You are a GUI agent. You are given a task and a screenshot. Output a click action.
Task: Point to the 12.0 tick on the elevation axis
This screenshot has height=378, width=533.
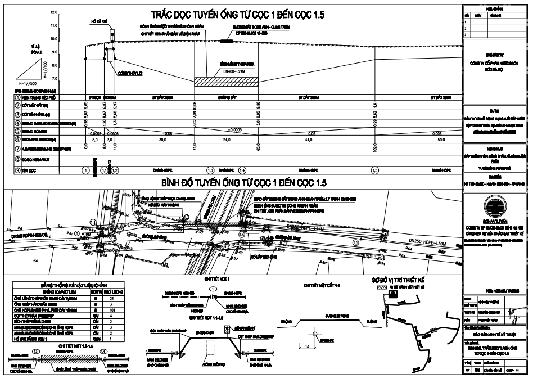coord(54,12)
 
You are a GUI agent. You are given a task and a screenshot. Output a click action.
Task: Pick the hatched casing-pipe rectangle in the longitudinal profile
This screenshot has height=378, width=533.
coord(226,82)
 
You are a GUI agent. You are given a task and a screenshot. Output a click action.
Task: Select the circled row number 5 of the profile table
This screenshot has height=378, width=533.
coord(17,130)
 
